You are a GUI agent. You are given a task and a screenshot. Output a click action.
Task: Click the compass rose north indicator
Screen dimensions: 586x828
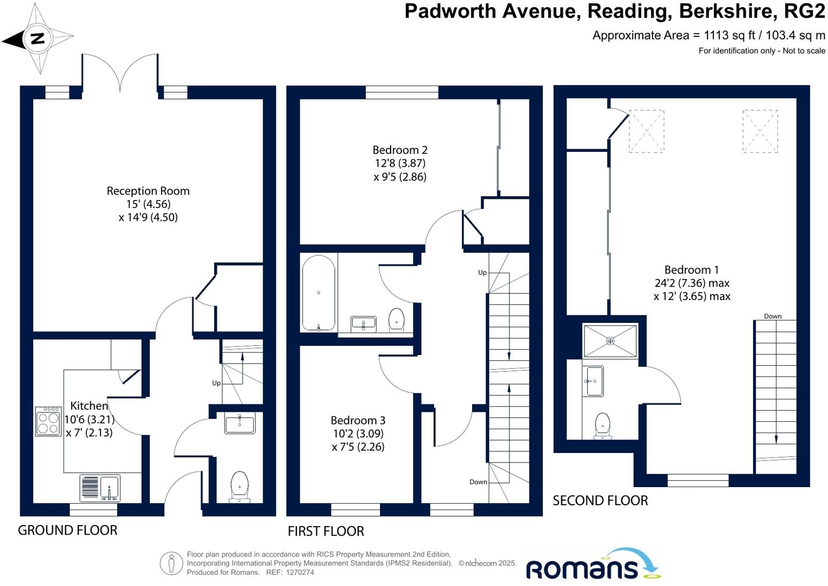coord(37,38)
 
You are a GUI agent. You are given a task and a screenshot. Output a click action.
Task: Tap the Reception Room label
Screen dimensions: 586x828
coord(148,191)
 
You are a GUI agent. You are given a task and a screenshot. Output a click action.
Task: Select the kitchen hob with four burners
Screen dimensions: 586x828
coord(48,422)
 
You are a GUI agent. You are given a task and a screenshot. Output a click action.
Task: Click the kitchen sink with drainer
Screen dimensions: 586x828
coord(100,488)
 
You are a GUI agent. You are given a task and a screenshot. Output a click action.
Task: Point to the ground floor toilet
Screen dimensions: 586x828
coord(240,487)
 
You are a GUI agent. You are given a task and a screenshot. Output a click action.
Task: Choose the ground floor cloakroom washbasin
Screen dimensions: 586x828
coord(240,423)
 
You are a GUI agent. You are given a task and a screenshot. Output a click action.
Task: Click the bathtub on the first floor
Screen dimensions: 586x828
coord(318,293)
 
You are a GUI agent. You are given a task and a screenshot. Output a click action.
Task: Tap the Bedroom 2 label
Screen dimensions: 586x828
coord(400,150)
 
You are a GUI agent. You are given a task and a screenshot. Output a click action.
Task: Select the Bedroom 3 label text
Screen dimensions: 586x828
coord(358,421)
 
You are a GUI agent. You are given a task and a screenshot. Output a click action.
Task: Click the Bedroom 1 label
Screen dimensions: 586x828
coord(691,270)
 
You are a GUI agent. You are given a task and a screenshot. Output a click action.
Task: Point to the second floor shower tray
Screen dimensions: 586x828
coord(610,341)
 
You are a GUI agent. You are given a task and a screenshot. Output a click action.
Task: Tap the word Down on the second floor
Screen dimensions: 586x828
coord(772,316)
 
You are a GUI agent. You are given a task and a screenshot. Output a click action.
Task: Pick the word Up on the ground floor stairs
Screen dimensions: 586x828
coord(216,383)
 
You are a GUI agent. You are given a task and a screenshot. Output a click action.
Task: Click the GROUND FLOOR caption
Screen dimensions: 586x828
coord(67,530)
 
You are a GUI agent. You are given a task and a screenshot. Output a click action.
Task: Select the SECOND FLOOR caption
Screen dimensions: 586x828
coord(600,501)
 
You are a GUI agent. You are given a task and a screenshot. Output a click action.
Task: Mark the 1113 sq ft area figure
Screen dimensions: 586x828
coord(729,36)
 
